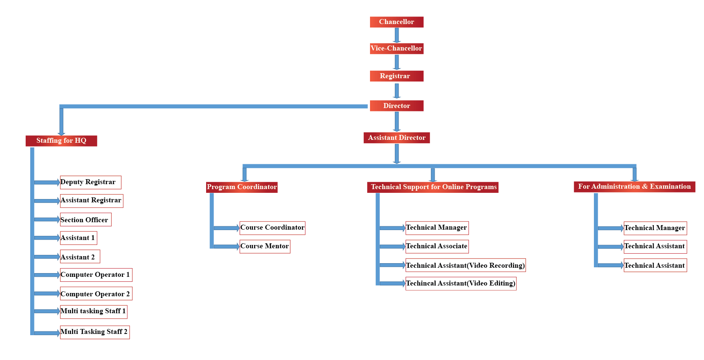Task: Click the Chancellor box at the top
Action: pyautogui.click(x=396, y=22)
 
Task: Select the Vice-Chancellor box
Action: pyautogui.click(x=396, y=48)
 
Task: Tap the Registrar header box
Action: pyautogui.click(x=396, y=76)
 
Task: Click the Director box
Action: pyautogui.click(x=396, y=106)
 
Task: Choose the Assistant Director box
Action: pyautogui.click(x=396, y=138)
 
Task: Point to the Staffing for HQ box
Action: pyautogui.click(x=61, y=141)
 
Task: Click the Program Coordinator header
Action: pyautogui.click(x=242, y=187)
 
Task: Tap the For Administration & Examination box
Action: pyautogui.click(x=634, y=187)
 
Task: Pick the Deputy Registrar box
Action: pyautogui.click(x=90, y=182)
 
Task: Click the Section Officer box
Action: pyautogui.click(x=85, y=220)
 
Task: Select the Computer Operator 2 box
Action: pyautogui.click(x=96, y=294)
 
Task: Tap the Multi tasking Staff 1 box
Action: pyautogui.click(x=94, y=312)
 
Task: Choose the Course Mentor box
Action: pyautogui.click(x=265, y=246)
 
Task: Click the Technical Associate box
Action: pyautogui.click(x=437, y=246)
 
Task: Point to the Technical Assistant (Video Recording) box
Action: pyautogui.click(x=465, y=265)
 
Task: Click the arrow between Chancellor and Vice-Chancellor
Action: pyautogui.click(x=396, y=35)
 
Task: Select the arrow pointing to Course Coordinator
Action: pyautogui.click(x=226, y=228)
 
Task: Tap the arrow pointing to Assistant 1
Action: pyautogui.click(x=47, y=238)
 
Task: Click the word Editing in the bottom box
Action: pyautogui.click(x=501, y=283)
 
